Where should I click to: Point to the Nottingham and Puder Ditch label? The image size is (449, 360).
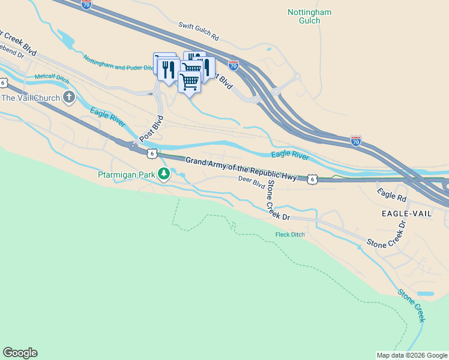[x=118, y=64]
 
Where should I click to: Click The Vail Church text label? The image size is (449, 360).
[x=31, y=98]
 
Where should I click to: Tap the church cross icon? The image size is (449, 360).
[x=70, y=97]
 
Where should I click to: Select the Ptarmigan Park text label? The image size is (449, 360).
[x=125, y=175]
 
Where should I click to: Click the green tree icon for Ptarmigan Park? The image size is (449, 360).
[x=163, y=175]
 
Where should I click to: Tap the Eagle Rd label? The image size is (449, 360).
[x=391, y=195]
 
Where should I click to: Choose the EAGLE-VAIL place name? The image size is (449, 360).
[x=406, y=214]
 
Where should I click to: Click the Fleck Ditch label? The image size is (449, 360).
[x=290, y=234]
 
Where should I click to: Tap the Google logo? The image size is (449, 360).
[x=20, y=353]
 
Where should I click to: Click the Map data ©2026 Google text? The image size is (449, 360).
[x=412, y=355]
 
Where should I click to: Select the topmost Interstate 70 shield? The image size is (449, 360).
[x=86, y=4]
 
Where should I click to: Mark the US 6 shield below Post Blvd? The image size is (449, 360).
[x=152, y=154]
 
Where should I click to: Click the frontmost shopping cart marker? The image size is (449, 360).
[x=189, y=82]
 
